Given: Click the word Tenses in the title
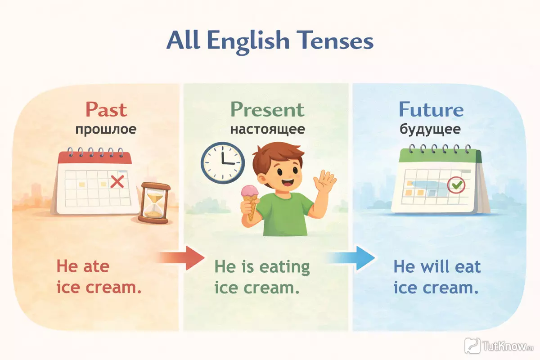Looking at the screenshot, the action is (333, 40).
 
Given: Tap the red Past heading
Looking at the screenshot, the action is (106, 110).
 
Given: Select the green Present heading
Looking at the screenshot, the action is (267, 110).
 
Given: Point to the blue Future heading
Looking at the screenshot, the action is (431, 109).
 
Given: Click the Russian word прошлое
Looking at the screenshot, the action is (106, 130).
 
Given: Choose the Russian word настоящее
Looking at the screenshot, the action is (268, 130).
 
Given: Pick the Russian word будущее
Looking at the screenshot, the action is (430, 130).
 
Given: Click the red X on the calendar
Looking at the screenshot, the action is (117, 181).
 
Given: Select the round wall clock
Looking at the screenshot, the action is (223, 163).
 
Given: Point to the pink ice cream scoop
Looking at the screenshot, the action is (250, 192).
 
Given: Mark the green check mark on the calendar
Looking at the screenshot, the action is (457, 185).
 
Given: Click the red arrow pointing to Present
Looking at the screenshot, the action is (180, 258).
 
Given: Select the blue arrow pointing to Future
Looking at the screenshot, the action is (351, 258).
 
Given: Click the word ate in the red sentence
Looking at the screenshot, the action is (96, 267).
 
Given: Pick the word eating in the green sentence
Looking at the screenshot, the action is (284, 268).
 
